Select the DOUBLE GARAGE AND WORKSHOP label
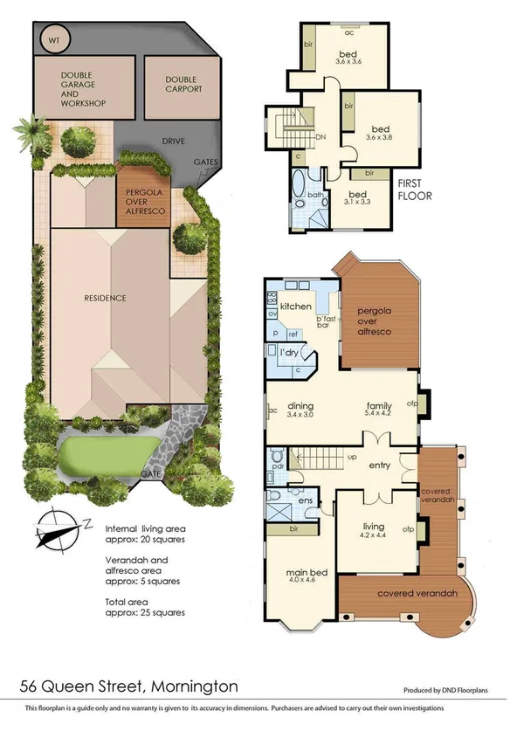84,89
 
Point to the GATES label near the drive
204,162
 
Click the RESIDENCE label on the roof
106,298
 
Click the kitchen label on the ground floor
295,307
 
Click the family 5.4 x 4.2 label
378,410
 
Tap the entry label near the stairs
380,465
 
